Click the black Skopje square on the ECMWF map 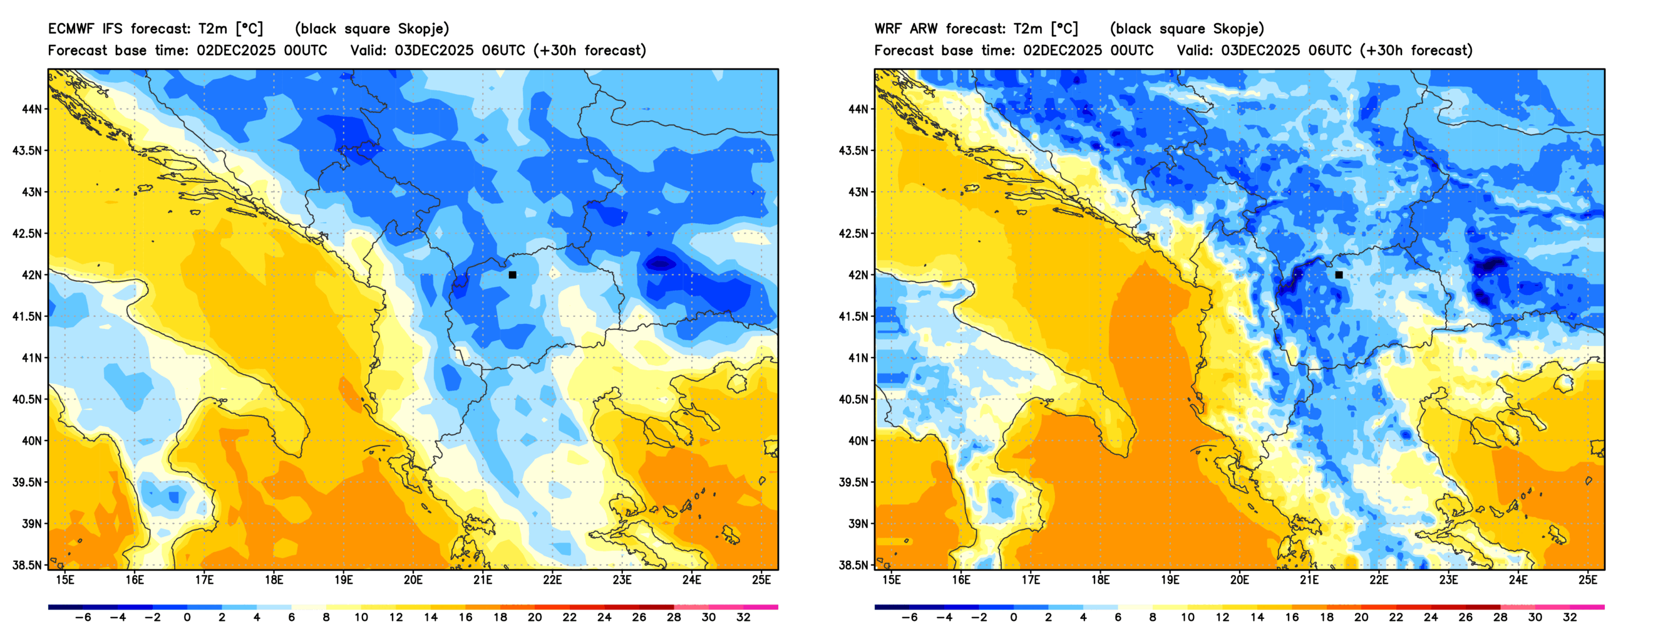512,275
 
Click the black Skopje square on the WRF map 1339,275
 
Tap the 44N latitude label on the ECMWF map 31,109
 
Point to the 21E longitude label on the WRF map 1309,580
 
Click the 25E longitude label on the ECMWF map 761,580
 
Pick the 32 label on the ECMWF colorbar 743,618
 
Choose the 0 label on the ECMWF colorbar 187,618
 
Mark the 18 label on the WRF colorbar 1326,618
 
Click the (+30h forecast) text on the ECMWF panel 590,51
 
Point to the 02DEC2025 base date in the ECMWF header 235,51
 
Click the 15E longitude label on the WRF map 892,580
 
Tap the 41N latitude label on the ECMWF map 31,358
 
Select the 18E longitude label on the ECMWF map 274,580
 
